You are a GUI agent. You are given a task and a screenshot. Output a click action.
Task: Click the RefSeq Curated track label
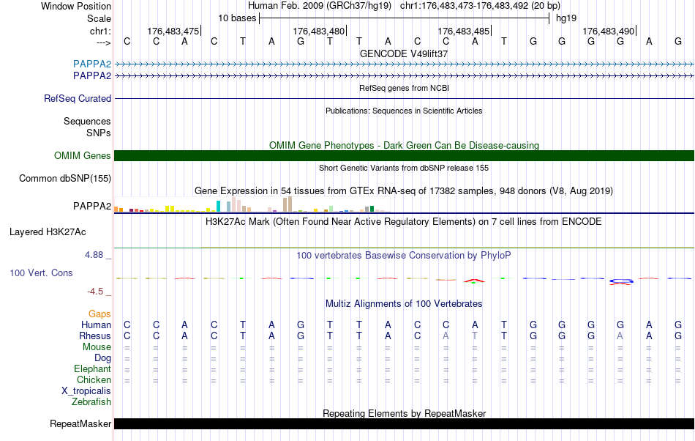[x=78, y=98]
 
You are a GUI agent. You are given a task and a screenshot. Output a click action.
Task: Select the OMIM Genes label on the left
[x=83, y=155]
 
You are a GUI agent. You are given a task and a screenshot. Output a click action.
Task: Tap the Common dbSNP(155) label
[x=65, y=178]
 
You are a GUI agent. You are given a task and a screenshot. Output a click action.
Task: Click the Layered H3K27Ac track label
[x=48, y=232]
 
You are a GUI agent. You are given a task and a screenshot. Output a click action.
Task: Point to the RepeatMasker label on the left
[x=80, y=423]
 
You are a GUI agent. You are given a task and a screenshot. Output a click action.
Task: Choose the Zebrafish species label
[x=91, y=401]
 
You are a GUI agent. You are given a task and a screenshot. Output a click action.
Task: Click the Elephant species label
[x=92, y=368]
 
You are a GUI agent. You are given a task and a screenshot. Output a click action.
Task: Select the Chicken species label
[x=94, y=379]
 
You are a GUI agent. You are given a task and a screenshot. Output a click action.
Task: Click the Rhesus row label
[x=94, y=336]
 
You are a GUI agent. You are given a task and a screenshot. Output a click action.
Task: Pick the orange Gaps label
[x=99, y=314]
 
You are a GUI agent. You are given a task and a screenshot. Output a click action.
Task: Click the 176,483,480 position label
[x=318, y=31]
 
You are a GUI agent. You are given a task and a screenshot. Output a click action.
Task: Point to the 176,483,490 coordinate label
[x=609, y=31]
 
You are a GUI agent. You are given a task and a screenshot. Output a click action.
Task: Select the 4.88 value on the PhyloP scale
[x=95, y=255]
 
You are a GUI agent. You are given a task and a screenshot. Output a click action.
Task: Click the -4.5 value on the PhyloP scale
[x=97, y=291]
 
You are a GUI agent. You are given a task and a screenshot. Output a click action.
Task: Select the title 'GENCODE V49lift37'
[x=404, y=53]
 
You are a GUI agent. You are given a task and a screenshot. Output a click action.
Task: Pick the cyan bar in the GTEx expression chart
[x=218, y=206]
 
